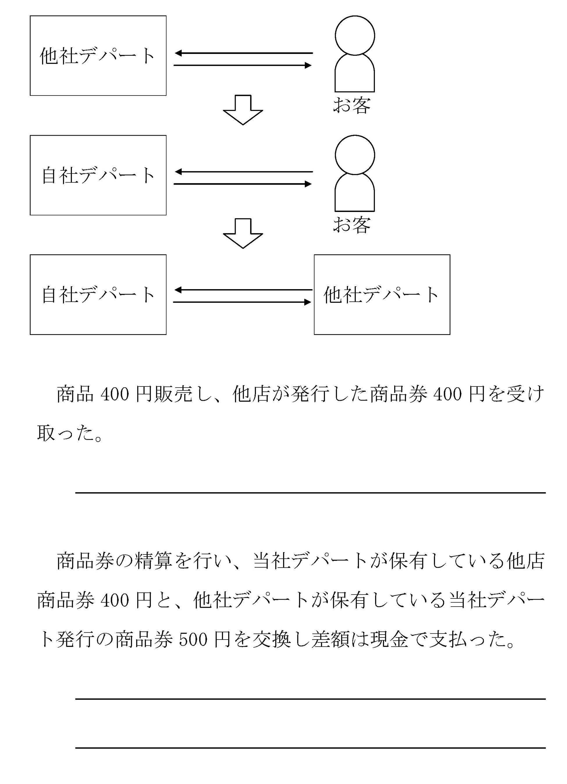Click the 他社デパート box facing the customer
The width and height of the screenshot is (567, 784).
[98, 56]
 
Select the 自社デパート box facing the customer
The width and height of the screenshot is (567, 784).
[98, 175]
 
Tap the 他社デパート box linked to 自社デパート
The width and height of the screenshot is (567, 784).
[382, 294]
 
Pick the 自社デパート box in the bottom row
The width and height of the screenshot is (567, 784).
[98, 294]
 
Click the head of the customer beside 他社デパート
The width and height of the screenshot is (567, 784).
[355, 35]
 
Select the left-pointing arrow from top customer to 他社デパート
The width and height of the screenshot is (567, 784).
[243, 53]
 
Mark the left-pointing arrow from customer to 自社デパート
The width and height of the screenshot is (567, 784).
[243, 172]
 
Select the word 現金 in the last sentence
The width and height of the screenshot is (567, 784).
[390, 640]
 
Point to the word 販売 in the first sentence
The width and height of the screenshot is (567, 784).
[163, 394]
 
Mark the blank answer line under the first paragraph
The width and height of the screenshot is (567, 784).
[310, 492]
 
